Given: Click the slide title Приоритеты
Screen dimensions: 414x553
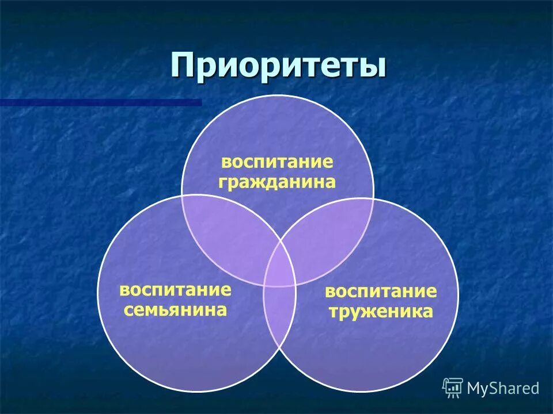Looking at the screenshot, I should pos(278,65).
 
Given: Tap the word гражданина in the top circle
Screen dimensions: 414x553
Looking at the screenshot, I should pos(277,182).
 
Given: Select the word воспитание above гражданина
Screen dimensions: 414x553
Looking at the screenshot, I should pos(277,162).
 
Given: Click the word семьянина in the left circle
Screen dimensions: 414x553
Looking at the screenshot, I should pos(175,310).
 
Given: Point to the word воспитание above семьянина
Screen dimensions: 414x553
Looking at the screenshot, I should pos(175,289).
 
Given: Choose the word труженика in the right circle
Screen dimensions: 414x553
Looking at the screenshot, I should pos(381,312).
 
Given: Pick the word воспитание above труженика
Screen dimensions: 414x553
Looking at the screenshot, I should pos(381,292).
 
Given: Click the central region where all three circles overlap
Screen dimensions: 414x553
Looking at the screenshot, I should pos(279,266).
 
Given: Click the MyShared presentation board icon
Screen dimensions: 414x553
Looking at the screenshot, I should pos(453,388).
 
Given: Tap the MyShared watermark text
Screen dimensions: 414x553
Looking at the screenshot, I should pos(503,388).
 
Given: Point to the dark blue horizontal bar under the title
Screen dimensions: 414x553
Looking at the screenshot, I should pos(101,102).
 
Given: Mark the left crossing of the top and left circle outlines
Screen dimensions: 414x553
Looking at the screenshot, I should pos(183,196).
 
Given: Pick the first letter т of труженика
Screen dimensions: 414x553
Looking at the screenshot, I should pos(334,313).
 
